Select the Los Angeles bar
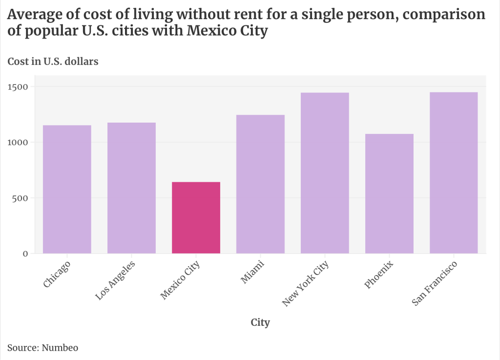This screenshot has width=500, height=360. (131, 188)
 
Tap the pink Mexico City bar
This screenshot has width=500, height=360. (196, 217)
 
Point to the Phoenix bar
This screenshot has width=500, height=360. (389, 193)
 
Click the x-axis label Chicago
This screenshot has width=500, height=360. (57, 275)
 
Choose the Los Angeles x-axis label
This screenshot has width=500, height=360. (116, 279)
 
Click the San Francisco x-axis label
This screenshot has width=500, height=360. (434, 284)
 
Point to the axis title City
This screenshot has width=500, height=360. (260, 322)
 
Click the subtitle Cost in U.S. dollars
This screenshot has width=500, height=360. (53, 62)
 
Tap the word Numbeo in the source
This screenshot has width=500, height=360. (60, 348)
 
